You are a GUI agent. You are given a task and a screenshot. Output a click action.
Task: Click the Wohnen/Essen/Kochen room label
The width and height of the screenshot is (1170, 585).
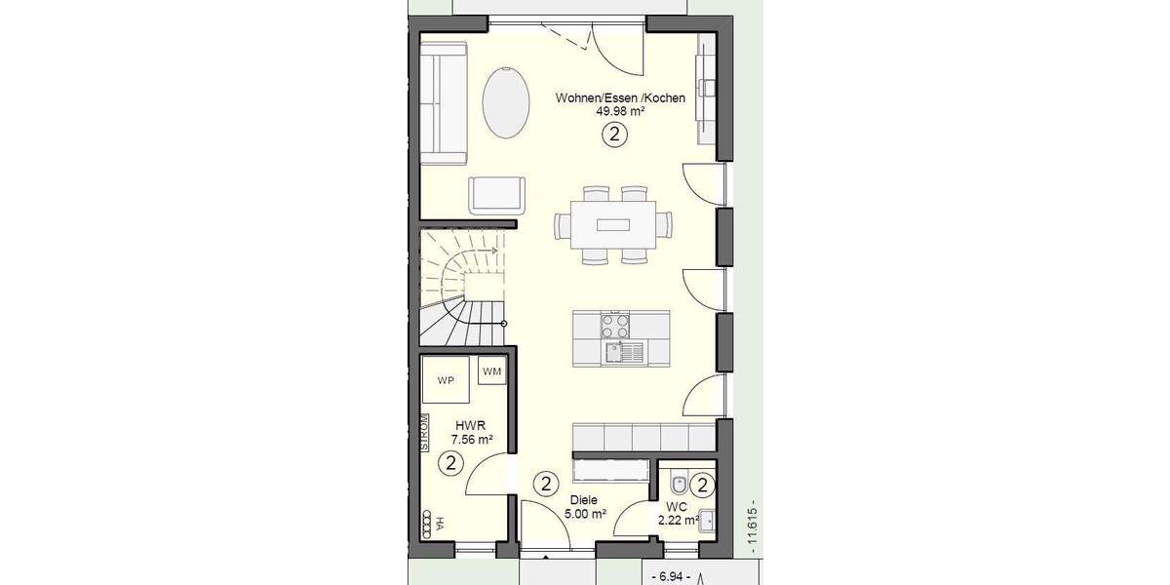621,97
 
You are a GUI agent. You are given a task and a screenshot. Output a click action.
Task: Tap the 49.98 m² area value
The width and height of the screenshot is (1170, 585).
621,112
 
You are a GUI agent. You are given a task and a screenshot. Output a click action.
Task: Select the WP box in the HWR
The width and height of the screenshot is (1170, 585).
447,380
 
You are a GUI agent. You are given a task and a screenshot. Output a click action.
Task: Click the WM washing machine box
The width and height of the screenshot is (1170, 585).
491,370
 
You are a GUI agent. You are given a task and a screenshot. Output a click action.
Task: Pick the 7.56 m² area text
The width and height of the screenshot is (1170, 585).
471,440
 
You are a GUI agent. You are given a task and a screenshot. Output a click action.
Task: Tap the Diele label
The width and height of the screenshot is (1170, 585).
584,500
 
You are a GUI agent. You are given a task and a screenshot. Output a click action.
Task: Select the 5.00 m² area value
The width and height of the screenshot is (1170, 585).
586,514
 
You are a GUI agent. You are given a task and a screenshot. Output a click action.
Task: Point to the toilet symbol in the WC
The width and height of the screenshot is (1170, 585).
679,482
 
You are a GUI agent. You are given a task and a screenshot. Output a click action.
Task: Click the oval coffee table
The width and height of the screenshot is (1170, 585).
506,102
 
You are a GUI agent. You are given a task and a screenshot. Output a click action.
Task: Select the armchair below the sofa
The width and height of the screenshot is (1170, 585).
496,194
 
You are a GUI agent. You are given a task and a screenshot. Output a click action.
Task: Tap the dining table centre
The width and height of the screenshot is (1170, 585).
613,225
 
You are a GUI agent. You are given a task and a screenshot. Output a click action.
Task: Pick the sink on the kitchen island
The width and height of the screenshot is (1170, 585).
616,352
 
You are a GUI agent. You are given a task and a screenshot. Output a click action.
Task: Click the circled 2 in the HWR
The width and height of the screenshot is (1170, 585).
450,463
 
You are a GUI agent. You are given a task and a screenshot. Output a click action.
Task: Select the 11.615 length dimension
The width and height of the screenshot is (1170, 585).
752,530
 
